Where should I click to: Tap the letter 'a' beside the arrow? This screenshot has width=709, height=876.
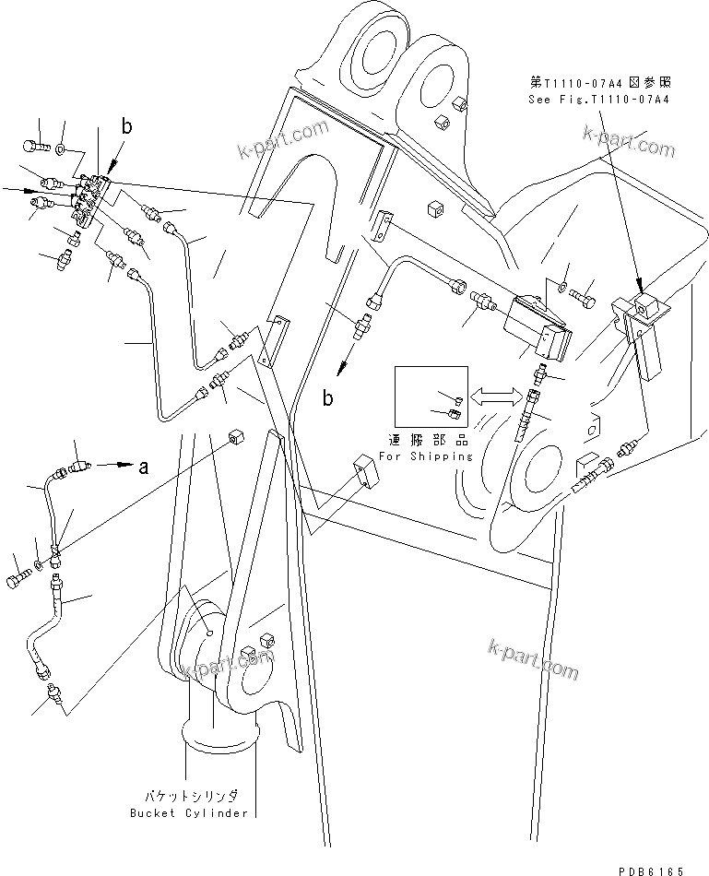coord(143,468)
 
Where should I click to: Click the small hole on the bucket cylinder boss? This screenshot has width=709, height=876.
coord(210,632)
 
